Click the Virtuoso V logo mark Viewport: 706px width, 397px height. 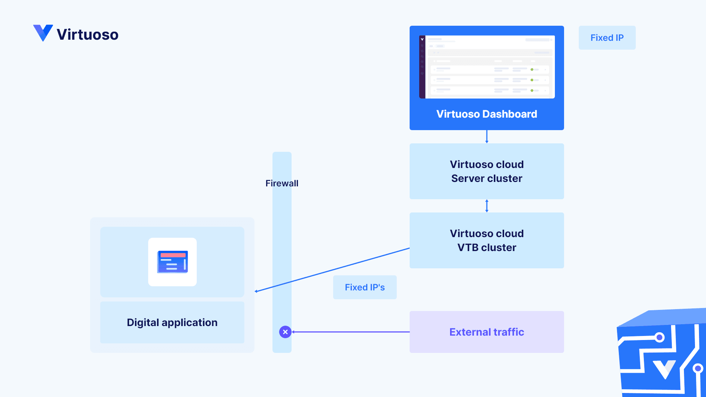pos(43,33)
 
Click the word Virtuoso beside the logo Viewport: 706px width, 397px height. pos(88,35)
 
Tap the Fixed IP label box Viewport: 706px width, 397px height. pos(607,37)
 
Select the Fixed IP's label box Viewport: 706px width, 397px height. pos(364,287)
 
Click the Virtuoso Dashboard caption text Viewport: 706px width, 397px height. pos(486,114)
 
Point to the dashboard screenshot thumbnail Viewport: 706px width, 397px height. pos(486,67)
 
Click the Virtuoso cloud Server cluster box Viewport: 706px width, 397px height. pos(486,171)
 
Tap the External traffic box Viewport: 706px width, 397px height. pos(486,332)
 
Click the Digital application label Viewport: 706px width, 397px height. pos(172,322)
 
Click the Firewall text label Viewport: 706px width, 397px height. pos(282,183)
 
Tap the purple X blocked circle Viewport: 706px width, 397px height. pos(285,332)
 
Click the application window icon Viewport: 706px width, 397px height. pos(172,262)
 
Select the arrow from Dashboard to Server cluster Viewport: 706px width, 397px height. pos(486,136)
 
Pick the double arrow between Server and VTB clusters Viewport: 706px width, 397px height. pos(486,206)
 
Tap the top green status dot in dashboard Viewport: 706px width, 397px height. pos(532,69)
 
